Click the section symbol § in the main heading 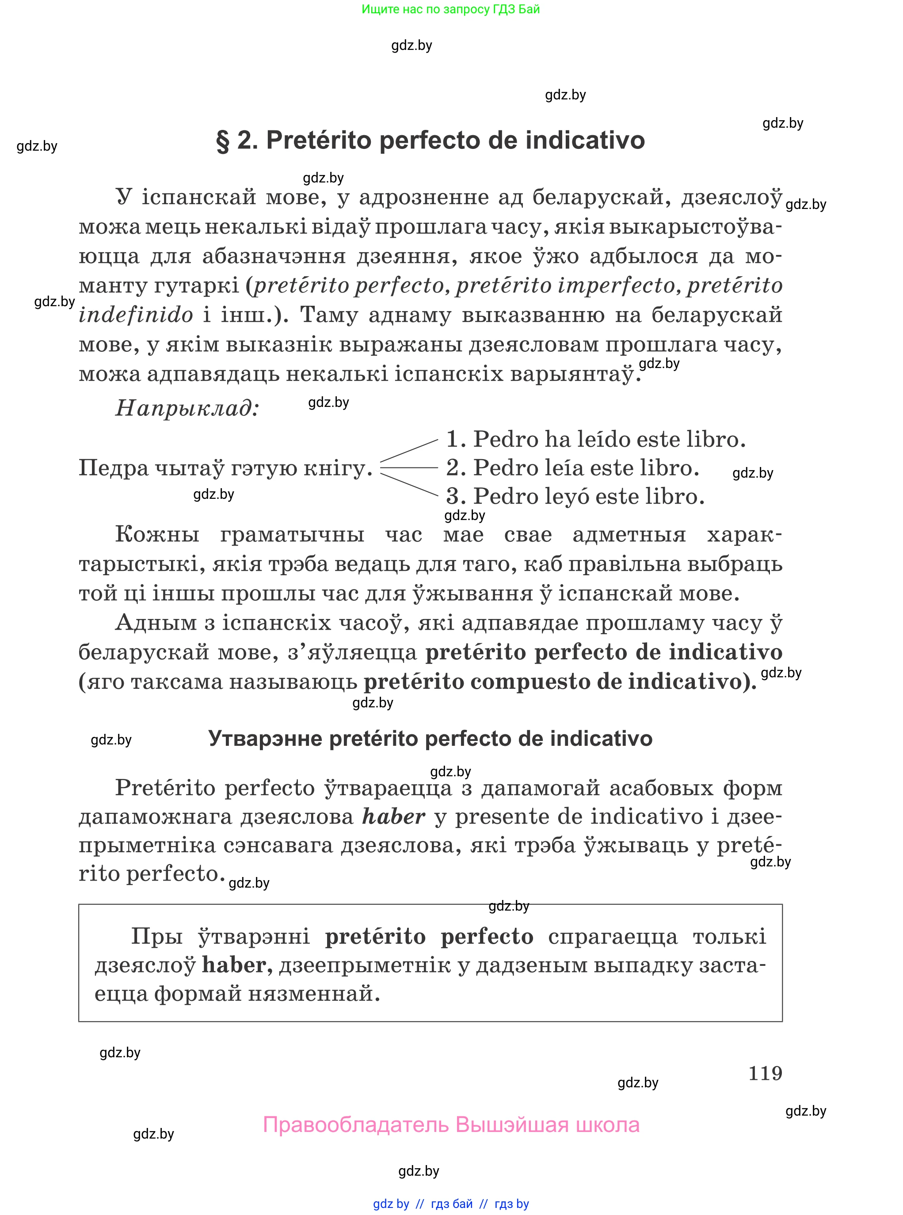point(222,141)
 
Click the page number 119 point(765,1073)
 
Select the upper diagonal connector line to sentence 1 point(409,451)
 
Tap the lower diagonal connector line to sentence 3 point(409,485)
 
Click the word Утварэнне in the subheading point(265,739)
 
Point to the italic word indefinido point(136,315)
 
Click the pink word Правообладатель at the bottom point(355,1125)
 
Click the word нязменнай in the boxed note point(314,993)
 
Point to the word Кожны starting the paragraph point(157,534)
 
